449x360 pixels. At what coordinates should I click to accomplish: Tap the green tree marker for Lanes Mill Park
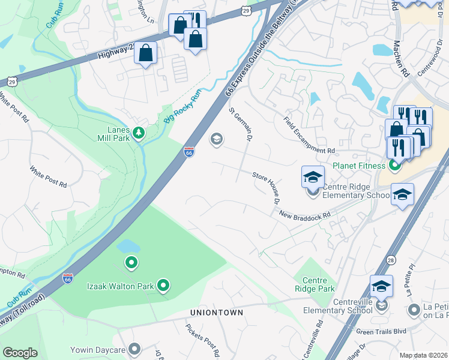tap(139, 132)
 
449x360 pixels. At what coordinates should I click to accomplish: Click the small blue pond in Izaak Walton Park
tap(128, 246)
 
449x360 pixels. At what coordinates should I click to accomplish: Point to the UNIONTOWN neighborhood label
tap(217, 313)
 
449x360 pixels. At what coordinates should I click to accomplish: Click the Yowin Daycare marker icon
tap(134, 348)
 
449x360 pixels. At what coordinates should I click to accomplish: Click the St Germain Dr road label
tap(240, 124)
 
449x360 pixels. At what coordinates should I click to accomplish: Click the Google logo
tap(20, 353)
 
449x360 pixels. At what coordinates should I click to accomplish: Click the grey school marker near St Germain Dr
tap(216, 140)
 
